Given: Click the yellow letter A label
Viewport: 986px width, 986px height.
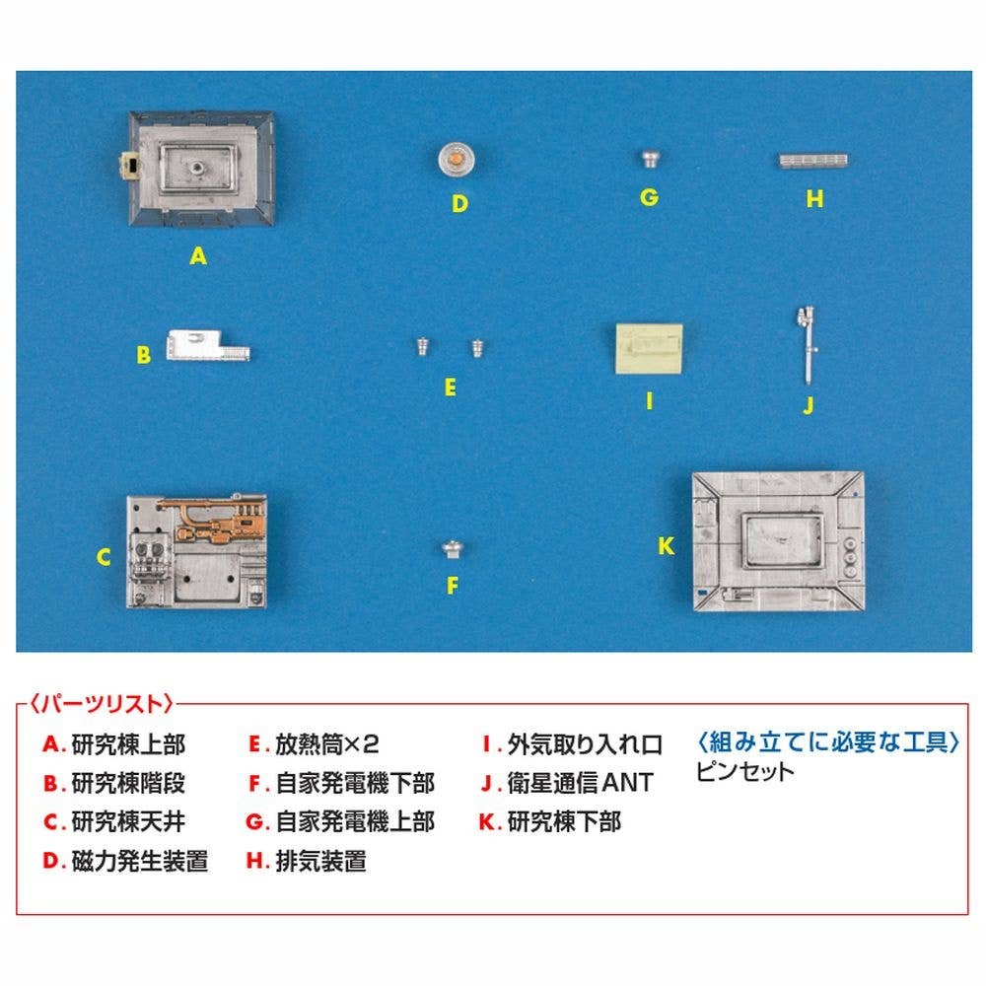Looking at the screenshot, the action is coord(198,256).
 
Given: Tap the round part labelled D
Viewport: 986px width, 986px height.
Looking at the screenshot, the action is coord(457,159).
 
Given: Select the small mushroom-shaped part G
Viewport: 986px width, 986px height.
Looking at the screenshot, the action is coord(650,158).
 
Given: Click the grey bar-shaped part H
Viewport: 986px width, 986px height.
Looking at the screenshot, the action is coord(813,161).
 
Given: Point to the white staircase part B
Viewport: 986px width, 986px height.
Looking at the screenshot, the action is coord(207,346).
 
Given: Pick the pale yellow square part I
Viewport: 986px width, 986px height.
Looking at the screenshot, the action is coord(649,349).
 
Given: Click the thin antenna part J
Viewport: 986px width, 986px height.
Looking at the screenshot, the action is coord(807,344).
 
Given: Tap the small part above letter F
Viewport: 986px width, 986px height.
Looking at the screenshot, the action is coord(453,550).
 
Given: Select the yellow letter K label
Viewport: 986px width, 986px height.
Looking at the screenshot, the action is coord(666,546).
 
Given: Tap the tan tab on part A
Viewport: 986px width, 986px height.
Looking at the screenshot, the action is coord(130,167).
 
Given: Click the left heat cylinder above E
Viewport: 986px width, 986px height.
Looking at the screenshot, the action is coord(423,346).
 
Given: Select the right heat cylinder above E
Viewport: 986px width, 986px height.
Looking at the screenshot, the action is coord(477,347).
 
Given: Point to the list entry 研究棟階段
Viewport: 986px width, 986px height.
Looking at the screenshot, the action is coord(128,784).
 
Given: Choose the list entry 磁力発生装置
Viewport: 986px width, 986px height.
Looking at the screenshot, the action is coord(140,861).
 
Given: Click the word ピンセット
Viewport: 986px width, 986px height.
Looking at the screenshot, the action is coord(745,771).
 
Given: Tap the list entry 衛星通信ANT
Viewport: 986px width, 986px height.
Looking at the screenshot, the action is coord(581,784).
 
